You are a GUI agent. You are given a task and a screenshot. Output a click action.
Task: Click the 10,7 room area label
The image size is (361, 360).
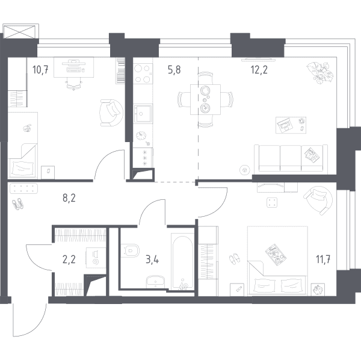tap(40, 69)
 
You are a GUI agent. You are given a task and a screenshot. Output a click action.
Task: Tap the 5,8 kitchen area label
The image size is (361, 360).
tap(174, 70)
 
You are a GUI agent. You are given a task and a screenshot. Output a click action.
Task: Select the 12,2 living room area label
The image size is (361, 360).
tap(259, 70)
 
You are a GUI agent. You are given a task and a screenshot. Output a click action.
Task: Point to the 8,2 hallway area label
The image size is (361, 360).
tap(69, 198)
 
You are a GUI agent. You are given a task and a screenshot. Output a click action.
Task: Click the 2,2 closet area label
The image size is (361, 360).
tap(69, 259)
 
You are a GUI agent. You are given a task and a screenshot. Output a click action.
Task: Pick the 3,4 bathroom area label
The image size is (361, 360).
tap(152, 259)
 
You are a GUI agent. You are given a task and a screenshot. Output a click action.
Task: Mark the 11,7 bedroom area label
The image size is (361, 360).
tap(323, 259)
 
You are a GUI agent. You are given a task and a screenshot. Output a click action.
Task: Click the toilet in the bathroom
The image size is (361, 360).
tap(130, 250)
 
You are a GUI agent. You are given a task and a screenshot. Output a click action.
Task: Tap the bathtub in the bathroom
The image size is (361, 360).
tap(183, 261)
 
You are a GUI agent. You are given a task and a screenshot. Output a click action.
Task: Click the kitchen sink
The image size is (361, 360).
tap(143, 114)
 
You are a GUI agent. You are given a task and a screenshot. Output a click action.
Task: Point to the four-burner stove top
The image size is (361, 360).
tap(143, 73)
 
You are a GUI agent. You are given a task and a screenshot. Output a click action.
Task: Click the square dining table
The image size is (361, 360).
tap(205, 99)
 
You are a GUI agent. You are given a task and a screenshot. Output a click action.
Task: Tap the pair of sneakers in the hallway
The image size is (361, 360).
tap(17, 204)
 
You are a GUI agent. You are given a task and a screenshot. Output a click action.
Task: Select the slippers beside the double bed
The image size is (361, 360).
tap(235, 259)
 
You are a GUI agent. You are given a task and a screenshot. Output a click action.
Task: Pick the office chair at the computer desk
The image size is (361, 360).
tap(74, 84)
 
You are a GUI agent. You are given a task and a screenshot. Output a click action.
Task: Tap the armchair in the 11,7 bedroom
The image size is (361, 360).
tap(318, 200)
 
